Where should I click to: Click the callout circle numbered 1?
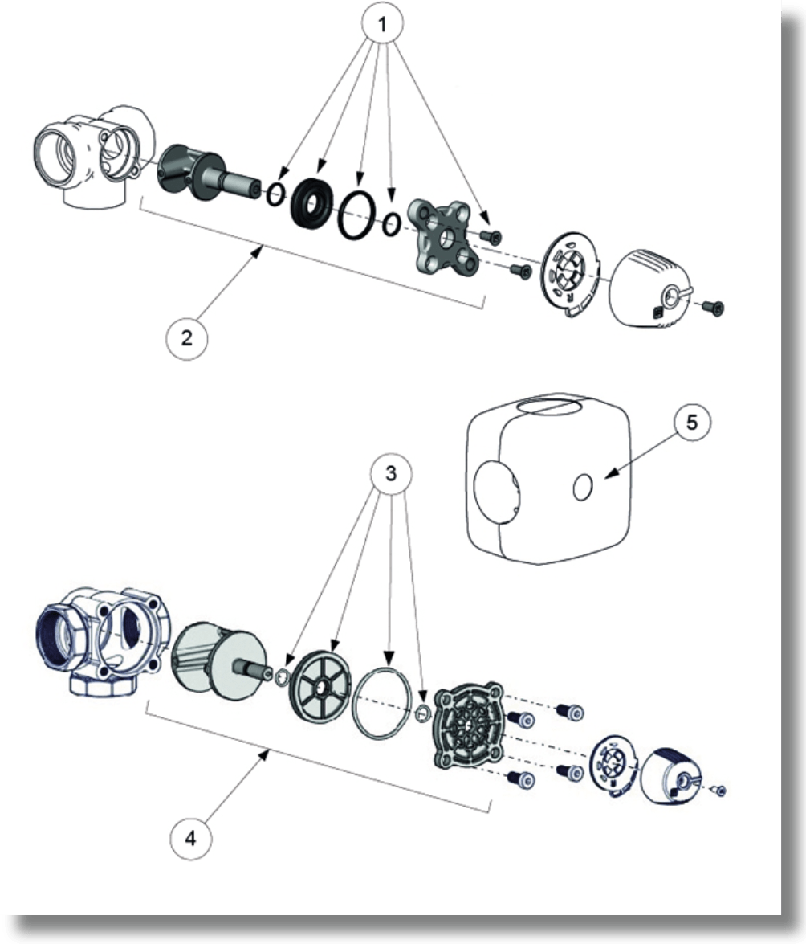point(382,25)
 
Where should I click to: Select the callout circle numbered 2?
point(186,337)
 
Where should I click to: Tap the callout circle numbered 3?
point(391,474)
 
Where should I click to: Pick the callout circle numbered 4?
point(191,837)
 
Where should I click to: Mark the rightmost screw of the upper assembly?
point(714,308)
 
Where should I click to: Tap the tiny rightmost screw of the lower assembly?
point(718,790)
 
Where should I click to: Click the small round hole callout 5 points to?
point(583,487)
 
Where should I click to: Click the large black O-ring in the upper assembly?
point(357,215)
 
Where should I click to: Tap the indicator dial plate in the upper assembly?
point(569,272)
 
